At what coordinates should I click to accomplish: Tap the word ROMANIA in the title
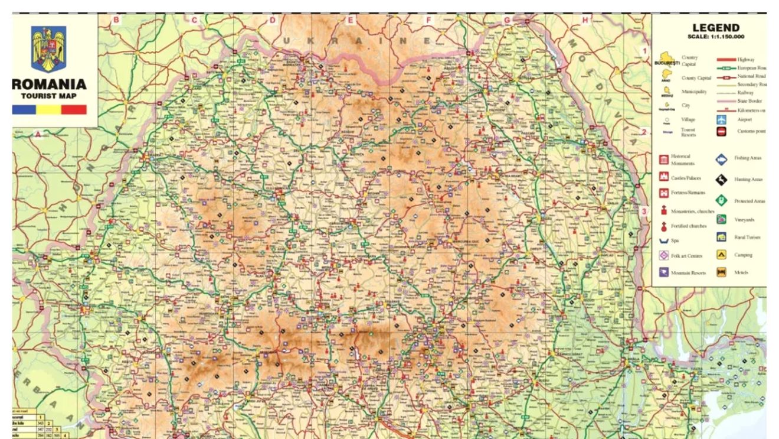click(x=50, y=85)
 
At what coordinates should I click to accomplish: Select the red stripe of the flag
click(x=74, y=110)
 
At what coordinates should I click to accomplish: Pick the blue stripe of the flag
click(x=24, y=110)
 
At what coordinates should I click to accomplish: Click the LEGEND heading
click(x=715, y=28)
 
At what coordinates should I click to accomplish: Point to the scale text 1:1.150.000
click(x=716, y=37)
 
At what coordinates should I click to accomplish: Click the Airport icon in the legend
click(x=721, y=119)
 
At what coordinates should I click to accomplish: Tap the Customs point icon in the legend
click(x=721, y=132)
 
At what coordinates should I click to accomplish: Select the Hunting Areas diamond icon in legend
click(x=721, y=180)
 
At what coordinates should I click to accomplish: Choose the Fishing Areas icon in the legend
click(x=721, y=159)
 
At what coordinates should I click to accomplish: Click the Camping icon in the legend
click(x=721, y=255)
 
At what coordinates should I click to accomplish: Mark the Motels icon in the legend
click(x=721, y=272)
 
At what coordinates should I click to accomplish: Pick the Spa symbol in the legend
click(x=663, y=241)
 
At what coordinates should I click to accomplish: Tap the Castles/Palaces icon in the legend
click(x=663, y=177)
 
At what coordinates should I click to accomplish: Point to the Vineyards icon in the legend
click(x=721, y=220)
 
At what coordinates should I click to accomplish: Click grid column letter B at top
click(x=116, y=20)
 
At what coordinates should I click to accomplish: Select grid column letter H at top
click(x=585, y=20)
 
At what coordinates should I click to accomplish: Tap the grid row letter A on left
click(x=38, y=134)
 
